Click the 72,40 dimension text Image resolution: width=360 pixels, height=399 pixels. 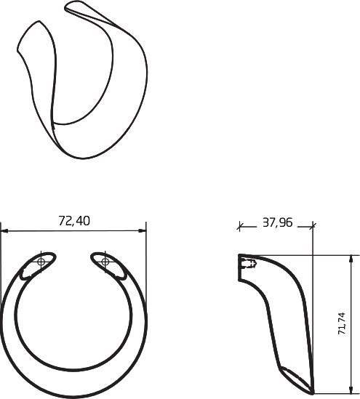coord(74,221)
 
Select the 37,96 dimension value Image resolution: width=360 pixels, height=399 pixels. coord(278,222)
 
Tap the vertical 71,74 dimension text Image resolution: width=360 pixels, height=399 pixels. coord(342,323)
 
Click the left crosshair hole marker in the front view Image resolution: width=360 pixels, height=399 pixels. coord(41,262)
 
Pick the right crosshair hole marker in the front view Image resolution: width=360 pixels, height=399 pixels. coord(105,262)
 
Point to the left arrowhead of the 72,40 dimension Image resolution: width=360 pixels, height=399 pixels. coord(4,231)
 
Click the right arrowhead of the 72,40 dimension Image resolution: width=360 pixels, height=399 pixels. coord(143,231)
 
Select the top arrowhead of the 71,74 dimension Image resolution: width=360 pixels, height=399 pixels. coord(351,259)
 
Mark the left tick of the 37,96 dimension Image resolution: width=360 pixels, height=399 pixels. coord(239,226)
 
